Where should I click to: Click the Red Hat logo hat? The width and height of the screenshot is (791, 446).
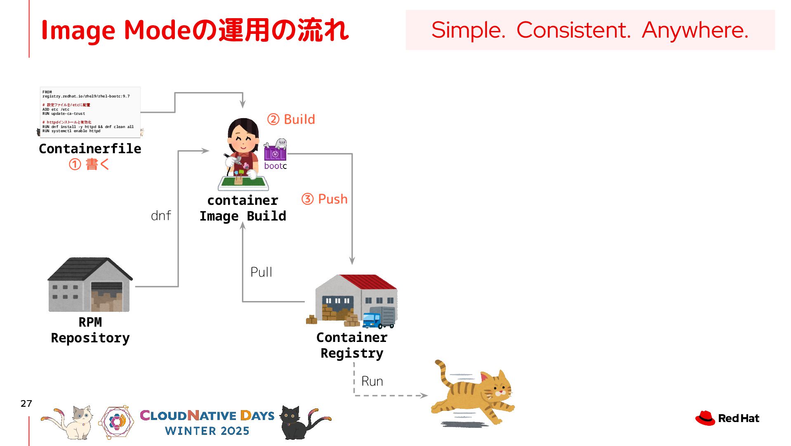click(x=705, y=418)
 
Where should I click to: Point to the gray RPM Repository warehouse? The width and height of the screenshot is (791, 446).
click(x=90, y=285)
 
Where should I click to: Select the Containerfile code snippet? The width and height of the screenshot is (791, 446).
click(x=90, y=111)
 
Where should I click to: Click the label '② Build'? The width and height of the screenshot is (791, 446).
click(x=291, y=119)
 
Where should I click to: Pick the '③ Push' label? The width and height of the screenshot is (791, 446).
click(x=325, y=199)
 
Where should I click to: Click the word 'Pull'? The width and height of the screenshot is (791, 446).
click(x=261, y=272)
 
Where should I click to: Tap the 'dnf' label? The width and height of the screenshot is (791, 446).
click(x=161, y=216)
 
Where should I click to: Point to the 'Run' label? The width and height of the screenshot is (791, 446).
click(x=372, y=381)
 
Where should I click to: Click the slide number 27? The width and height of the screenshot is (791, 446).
click(x=26, y=403)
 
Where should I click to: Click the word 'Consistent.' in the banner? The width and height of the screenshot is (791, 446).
click(x=573, y=30)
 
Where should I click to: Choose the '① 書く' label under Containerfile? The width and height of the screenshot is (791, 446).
click(x=89, y=164)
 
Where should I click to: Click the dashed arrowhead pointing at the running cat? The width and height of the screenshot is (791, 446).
click(x=424, y=396)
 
